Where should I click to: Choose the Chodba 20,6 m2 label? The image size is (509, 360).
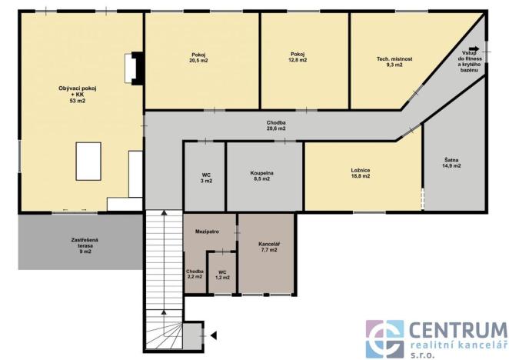click(x=277, y=125)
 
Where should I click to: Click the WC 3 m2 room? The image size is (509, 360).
click(x=206, y=177)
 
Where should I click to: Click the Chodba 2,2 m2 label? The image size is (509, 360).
click(x=195, y=274)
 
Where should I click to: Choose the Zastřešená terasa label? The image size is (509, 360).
click(x=81, y=245)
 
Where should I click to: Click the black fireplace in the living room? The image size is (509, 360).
click(x=135, y=67)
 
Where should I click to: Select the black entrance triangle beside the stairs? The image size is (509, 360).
click(x=213, y=333)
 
